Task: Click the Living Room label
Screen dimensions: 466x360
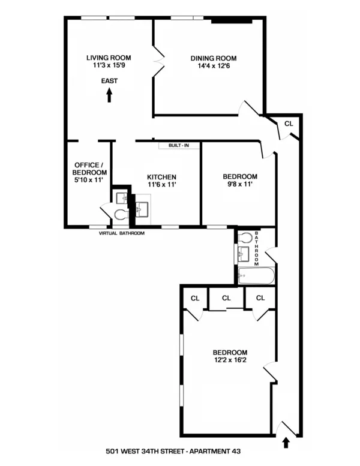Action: [109, 58]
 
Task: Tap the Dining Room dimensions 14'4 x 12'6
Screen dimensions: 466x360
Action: [214, 67]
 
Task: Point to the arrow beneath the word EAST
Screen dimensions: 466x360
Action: [109, 95]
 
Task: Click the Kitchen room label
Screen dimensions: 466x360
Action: [161, 177]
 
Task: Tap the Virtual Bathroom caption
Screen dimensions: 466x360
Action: [122, 233]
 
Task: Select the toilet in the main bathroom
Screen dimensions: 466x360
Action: [245, 238]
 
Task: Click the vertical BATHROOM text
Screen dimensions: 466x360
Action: [257, 248]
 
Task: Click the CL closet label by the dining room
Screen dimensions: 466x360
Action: [289, 123]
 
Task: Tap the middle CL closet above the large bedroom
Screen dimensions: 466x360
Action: [226, 298]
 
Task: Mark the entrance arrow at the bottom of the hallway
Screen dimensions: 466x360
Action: [286, 443]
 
